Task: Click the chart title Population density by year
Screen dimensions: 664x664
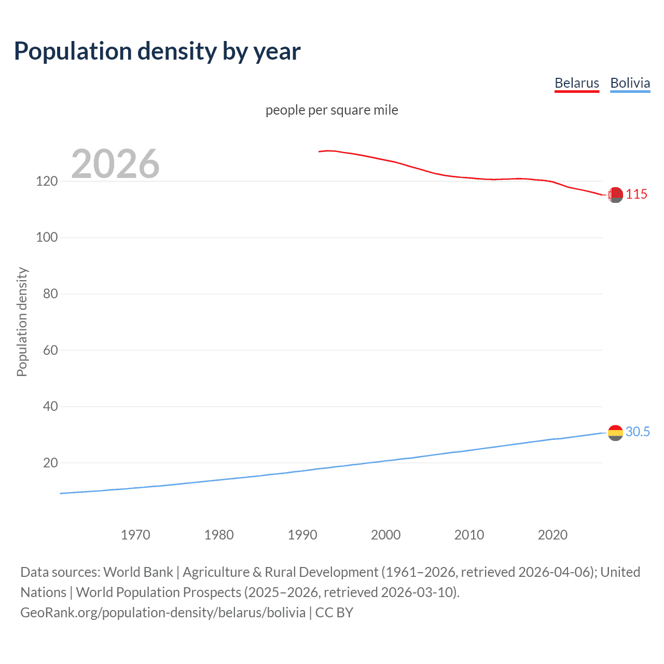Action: (157, 51)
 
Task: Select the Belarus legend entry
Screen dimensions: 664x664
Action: (576, 83)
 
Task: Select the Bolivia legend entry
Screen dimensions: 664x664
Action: (630, 83)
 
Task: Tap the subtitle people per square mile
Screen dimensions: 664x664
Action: (331, 110)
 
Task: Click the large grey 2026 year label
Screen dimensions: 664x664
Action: (115, 164)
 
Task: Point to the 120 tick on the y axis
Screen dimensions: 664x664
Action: (46, 181)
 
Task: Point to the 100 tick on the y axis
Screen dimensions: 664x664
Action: (46, 238)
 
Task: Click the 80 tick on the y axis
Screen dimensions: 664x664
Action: (50, 294)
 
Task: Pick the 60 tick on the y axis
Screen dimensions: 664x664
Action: (50, 350)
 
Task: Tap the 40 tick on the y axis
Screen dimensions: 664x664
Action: (50, 406)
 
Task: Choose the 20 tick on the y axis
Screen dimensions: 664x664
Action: (50, 463)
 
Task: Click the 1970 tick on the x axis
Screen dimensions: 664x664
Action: (135, 535)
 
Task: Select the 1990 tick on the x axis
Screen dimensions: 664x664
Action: (302, 535)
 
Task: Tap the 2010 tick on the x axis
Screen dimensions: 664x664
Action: (469, 535)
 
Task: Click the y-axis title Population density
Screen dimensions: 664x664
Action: (22, 322)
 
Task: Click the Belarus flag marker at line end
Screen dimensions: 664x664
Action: (615, 195)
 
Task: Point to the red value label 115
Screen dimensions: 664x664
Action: (637, 195)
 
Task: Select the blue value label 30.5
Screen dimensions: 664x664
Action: (638, 432)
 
